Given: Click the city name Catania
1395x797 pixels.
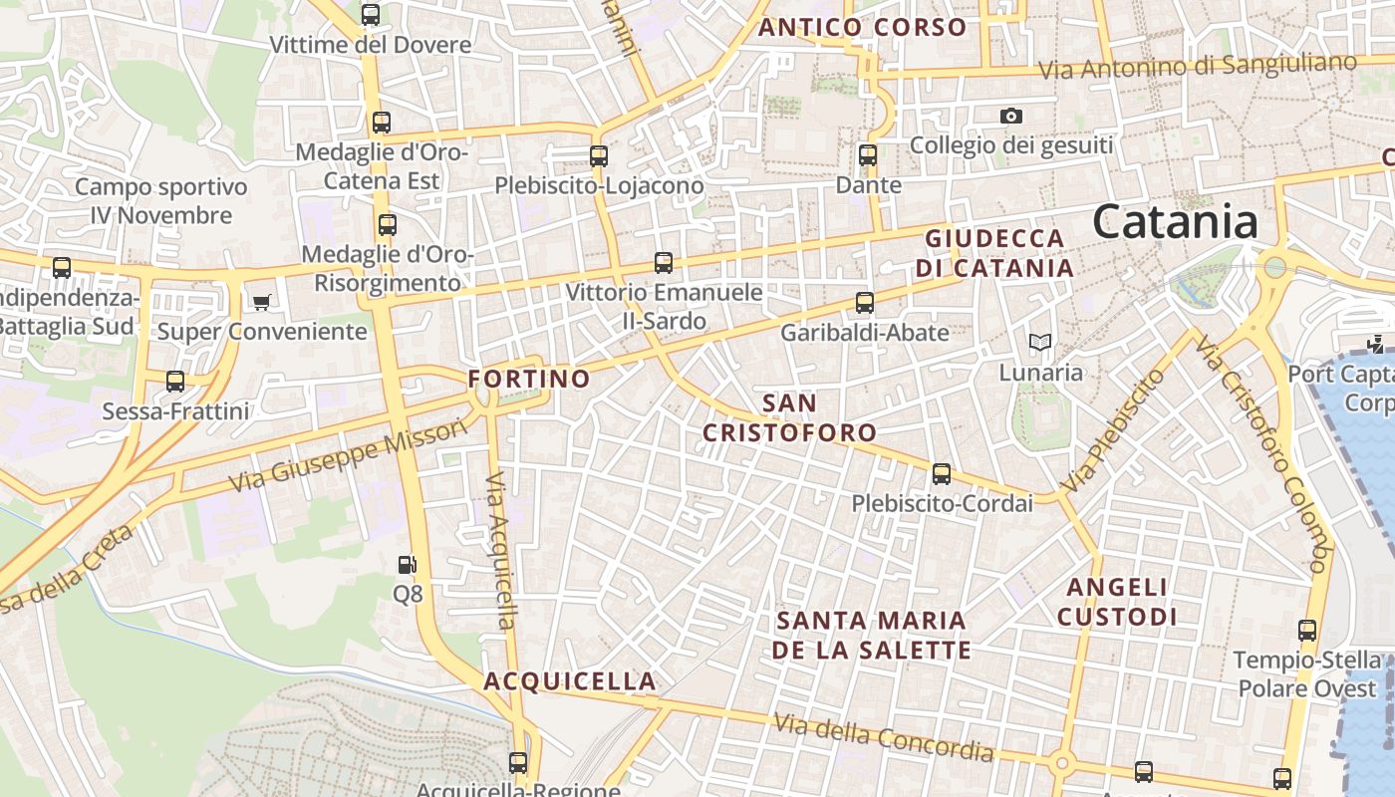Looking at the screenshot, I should point(1175,221).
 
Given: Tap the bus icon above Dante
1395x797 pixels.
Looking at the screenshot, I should point(868,155).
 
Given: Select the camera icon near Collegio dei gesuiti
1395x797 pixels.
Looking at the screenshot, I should point(1011,117).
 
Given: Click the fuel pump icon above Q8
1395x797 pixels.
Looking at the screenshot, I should point(407,565).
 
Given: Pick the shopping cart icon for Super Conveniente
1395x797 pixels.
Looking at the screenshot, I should point(261,302).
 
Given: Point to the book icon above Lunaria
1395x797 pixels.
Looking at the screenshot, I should point(1040,343).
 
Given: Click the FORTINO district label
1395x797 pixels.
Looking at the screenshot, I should point(529,379).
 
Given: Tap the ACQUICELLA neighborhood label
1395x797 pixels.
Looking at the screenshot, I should point(570,681).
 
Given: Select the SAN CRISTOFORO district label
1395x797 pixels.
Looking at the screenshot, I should point(789,418).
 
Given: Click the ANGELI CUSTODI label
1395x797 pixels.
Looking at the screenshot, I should point(1117,602).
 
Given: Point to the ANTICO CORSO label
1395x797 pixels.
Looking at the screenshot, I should point(863,27).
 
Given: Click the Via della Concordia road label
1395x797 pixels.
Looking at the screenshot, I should point(884,737).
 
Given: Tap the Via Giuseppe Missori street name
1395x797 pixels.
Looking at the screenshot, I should point(348,455).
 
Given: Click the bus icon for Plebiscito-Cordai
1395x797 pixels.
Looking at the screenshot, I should point(941,474).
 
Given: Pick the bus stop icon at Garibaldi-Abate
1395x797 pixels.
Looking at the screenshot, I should point(865,302).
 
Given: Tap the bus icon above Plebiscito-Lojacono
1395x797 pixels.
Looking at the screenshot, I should point(599,155).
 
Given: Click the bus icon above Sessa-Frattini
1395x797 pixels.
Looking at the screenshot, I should point(175,381).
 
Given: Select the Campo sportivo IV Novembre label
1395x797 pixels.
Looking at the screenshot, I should point(160,201).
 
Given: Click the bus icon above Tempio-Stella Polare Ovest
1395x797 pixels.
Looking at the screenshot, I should point(1307,630).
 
